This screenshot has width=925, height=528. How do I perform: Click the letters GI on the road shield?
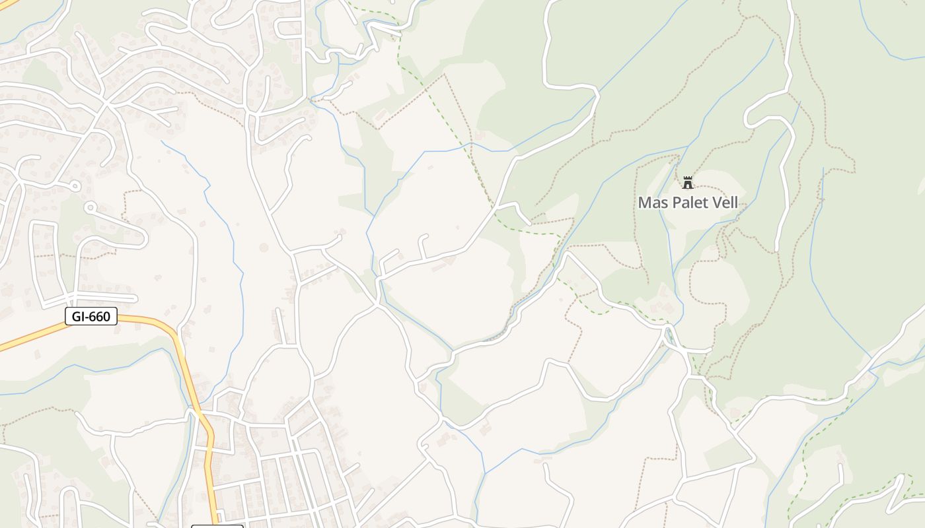point(79,317)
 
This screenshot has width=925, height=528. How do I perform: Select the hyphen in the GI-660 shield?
point(89,317)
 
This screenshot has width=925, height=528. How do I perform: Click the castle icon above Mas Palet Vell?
point(688,182)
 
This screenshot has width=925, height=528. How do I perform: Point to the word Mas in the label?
point(651,203)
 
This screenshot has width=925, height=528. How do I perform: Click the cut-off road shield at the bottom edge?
point(217,526)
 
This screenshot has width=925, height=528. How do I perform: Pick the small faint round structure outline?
point(264,247)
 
